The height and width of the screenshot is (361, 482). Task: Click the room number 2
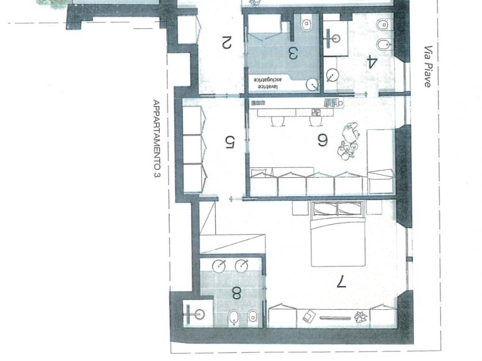(226, 43)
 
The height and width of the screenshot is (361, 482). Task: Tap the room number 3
(293, 53)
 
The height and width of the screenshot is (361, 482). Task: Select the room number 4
(371, 62)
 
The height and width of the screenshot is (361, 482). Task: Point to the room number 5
(230, 142)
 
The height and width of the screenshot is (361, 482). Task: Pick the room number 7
(341, 282)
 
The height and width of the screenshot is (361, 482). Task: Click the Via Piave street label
(428, 67)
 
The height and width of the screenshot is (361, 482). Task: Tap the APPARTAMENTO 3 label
(156, 139)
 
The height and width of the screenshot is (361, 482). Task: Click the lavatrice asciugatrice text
(266, 83)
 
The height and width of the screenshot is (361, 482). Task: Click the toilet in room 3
(306, 24)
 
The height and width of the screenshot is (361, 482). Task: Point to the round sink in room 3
(313, 85)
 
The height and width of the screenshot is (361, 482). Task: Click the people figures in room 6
(349, 141)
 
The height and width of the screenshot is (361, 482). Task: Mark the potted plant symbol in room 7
(360, 316)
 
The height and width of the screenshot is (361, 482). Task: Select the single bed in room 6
(381, 161)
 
